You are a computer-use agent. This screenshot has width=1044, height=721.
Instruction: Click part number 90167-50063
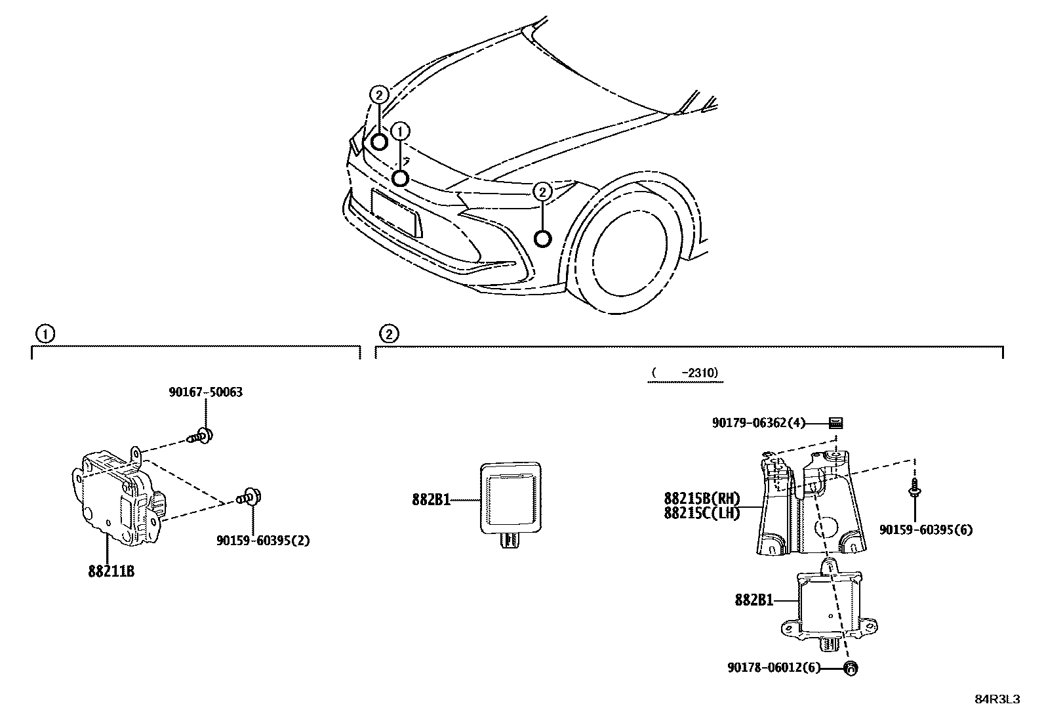point(205,392)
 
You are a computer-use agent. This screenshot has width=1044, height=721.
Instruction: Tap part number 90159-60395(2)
point(263,541)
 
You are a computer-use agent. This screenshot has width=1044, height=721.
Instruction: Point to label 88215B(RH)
point(702,498)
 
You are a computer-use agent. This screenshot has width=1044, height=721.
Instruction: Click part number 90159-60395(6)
point(926,529)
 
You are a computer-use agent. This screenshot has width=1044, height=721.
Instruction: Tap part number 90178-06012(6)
point(774,668)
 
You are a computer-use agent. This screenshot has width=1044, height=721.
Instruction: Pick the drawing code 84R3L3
point(997,699)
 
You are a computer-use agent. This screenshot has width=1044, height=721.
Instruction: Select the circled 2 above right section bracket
point(388,334)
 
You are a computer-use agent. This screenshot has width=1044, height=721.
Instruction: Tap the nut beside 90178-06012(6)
point(851,669)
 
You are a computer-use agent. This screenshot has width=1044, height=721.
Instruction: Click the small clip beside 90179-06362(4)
point(835,423)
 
